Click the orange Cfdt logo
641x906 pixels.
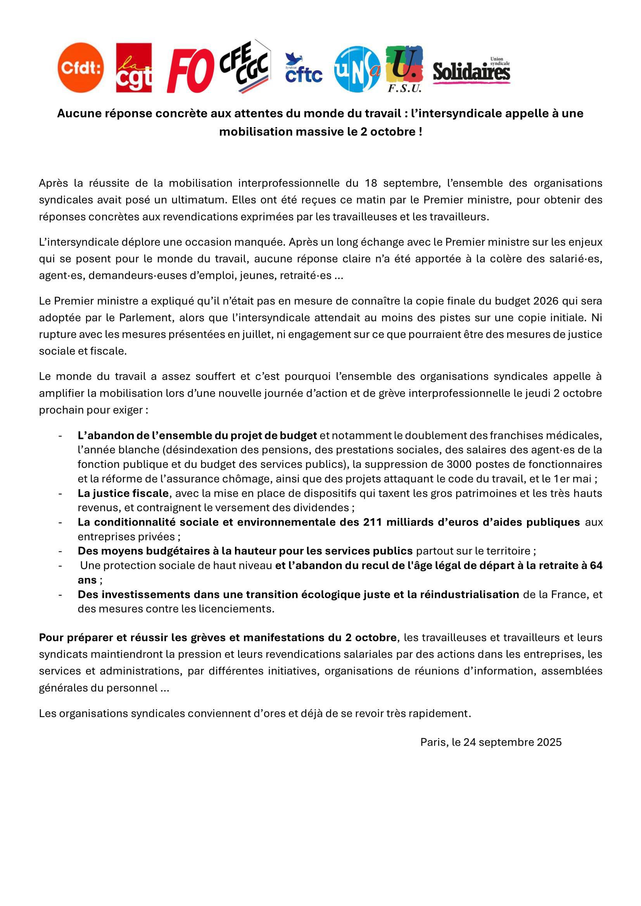point(81,67)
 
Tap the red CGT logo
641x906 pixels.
point(133,67)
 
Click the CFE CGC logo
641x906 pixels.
point(245,66)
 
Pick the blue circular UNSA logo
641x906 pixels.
point(357,69)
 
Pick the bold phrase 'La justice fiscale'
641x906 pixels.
point(123,493)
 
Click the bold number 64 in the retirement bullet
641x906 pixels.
point(596,566)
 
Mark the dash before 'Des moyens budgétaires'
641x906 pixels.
point(60,551)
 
